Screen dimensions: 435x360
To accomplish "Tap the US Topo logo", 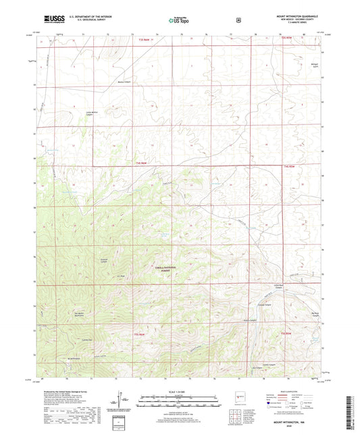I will coord(179,20).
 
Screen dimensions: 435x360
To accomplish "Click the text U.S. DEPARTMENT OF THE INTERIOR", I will coord(84,18).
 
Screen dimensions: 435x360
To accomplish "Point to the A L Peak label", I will coord(122,274).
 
